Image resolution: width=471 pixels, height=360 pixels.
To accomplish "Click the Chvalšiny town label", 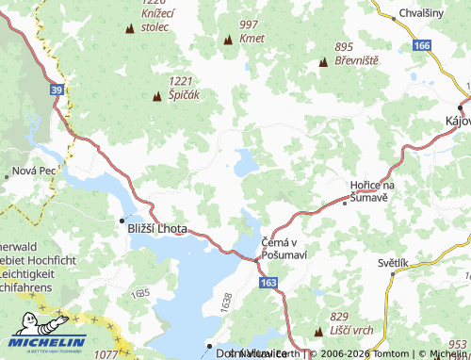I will click(424, 14).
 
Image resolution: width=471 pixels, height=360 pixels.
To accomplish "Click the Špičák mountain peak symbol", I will click(156, 96).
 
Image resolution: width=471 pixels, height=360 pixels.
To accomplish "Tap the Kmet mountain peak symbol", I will click(227, 41).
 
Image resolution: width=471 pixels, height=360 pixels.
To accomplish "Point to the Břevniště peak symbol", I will click(323, 63).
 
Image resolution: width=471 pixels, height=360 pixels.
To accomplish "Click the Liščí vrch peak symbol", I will click(319, 331).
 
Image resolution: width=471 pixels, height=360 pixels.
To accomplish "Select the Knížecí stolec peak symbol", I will click(129, 29).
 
